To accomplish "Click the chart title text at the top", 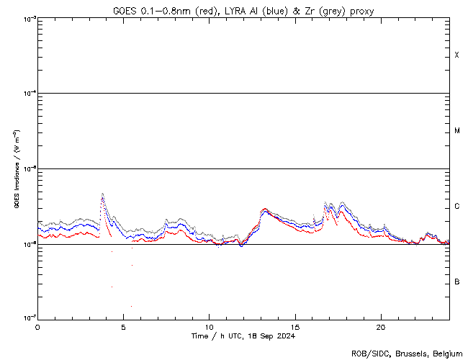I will pos(243,10).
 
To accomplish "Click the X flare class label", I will pos(456,55).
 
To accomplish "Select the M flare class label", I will pos(456,131).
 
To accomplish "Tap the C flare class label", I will pos(456,207).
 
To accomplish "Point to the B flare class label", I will pos(456,282).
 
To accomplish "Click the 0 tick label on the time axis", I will pos(37,326).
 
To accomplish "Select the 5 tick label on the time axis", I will pos(123,326).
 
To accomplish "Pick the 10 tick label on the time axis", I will pos(209,326).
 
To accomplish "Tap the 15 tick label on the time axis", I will pos(295,326).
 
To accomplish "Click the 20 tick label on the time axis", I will pos(381,326).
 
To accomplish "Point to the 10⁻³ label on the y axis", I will pos(27,18).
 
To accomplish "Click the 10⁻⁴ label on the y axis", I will pos(27,94).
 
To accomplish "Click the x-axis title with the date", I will pos(243,336).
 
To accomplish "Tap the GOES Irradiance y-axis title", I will pos(15,168).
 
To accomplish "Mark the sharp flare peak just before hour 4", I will pos(102,194).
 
